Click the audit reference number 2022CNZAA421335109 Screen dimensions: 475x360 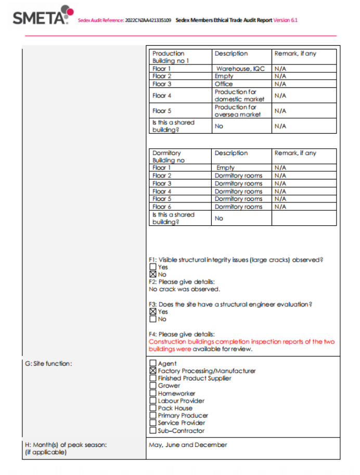coord(148,21)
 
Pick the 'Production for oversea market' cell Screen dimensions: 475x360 coord(237,111)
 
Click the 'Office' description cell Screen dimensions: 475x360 coord(224,84)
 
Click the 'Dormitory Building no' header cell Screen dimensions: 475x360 coord(167,157)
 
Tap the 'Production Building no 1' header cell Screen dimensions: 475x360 coord(170,57)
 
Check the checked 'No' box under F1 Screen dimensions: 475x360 coord(152,274)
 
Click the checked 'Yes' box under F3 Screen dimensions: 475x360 coord(152,312)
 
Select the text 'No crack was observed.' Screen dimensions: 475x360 coord(184,289)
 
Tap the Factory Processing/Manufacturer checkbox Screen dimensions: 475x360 coord(152,371)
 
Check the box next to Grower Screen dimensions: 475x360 coord(152,386)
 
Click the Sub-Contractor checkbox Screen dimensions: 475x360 coord(152,430)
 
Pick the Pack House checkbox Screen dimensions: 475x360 coord(152,408)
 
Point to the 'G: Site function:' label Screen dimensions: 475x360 coord(48,364)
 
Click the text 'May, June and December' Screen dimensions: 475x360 coord(188,445)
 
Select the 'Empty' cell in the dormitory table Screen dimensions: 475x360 coord(225,168)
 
